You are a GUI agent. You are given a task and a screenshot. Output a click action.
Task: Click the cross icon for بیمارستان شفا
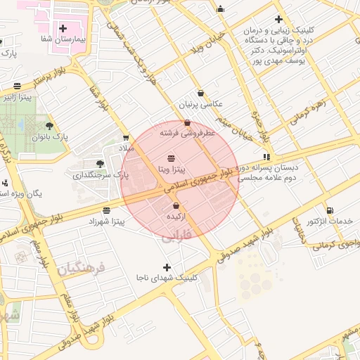point(64,29)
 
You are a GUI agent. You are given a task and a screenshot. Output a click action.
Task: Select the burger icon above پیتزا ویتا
point(172,157)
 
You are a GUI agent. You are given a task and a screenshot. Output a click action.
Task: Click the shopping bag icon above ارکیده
point(175,206)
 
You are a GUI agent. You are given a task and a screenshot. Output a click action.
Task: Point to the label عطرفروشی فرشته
point(186,133)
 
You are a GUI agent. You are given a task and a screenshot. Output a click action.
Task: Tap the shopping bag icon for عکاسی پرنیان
point(200,93)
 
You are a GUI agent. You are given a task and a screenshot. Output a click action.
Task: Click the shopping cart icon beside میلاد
point(126,138)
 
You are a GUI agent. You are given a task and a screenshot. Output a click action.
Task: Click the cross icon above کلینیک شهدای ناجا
point(167,267)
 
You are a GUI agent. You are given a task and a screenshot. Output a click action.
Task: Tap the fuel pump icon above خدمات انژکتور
point(330,210)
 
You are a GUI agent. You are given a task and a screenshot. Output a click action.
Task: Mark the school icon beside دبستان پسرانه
point(266,157)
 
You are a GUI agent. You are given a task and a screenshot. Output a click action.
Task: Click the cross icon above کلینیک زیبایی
point(279,20)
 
